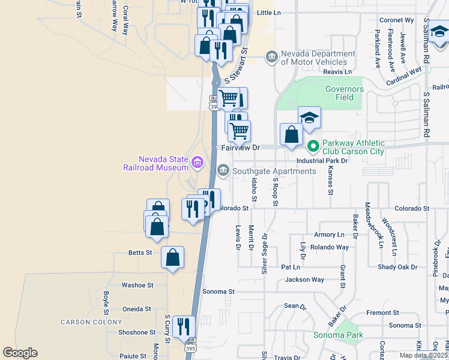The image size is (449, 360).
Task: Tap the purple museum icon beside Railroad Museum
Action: [197, 162]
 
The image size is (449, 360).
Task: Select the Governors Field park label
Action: [345, 93]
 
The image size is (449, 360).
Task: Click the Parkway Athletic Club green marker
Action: [313, 146]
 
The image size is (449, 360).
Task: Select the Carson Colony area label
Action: [83, 322]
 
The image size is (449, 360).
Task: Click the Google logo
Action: [20, 353]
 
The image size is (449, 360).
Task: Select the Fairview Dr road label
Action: [240, 147]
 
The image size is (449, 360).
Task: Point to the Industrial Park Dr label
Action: [322, 161]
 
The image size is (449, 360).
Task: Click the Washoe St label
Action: [137, 286]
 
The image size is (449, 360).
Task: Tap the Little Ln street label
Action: [268, 13]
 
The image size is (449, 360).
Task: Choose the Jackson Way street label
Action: [304, 280]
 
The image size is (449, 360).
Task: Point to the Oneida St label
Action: [136, 309]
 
